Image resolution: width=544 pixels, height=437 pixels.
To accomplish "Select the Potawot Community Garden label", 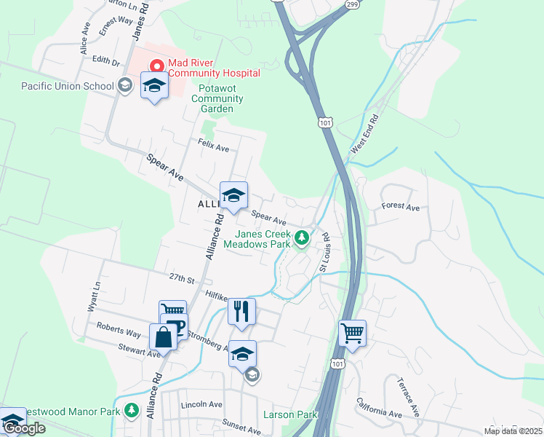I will pyautogui.click(x=217, y=98).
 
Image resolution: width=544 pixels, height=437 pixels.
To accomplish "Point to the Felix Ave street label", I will pyautogui.click(x=213, y=148).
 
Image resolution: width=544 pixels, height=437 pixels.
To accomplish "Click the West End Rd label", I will pyautogui.click(x=364, y=132).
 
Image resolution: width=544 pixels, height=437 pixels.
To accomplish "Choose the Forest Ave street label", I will pyautogui.click(x=401, y=207).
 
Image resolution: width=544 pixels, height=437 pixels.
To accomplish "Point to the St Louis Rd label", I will pyautogui.click(x=325, y=253).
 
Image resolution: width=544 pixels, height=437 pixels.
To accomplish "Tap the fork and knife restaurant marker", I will pyautogui.click(x=241, y=312).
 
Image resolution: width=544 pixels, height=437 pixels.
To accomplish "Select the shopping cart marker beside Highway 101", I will pyautogui.click(x=352, y=334).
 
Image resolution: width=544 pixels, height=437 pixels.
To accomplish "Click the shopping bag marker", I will pyautogui.click(x=162, y=337).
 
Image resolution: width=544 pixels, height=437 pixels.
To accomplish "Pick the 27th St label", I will pyautogui.click(x=182, y=279).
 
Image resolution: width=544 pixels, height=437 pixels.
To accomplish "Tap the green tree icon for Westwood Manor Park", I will pyautogui.click(x=132, y=411).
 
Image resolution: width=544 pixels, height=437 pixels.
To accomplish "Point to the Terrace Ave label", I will pyautogui.click(x=408, y=396).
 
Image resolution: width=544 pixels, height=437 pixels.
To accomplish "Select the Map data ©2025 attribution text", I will pyautogui.click(x=512, y=431).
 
